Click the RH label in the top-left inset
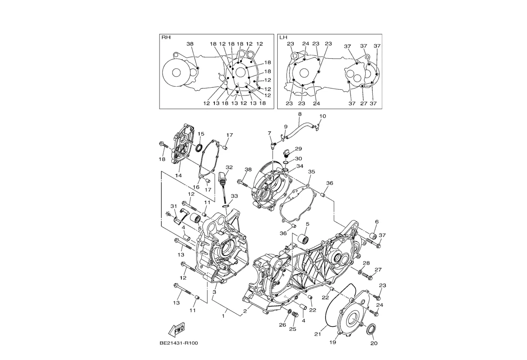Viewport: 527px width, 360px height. click(x=166, y=37)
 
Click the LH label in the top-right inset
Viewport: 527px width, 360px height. click(x=283, y=37)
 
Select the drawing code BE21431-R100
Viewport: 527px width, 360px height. click(x=179, y=343)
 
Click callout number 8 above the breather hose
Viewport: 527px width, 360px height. click(x=300, y=114)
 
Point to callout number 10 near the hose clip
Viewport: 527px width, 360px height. click(x=323, y=116)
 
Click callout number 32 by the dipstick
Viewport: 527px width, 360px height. click(x=229, y=167)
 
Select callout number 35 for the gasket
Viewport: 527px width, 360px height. click(x=312, y=172)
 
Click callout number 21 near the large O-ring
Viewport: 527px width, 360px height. click(x=318, y=334)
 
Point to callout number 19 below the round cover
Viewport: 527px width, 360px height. click(x=333, y=343)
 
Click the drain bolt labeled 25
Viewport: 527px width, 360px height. click(x=295, y=314)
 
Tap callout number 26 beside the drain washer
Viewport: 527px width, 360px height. click(x=282, y=325)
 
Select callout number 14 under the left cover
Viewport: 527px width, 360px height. click(x=178, y=176)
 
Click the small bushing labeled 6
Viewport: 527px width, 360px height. click(x=372, y=236)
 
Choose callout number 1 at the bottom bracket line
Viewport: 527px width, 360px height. click(x=223, y=316)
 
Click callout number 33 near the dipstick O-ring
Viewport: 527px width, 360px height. click(x=235, y=196)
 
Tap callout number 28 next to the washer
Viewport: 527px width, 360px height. click(x=366, y=263)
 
